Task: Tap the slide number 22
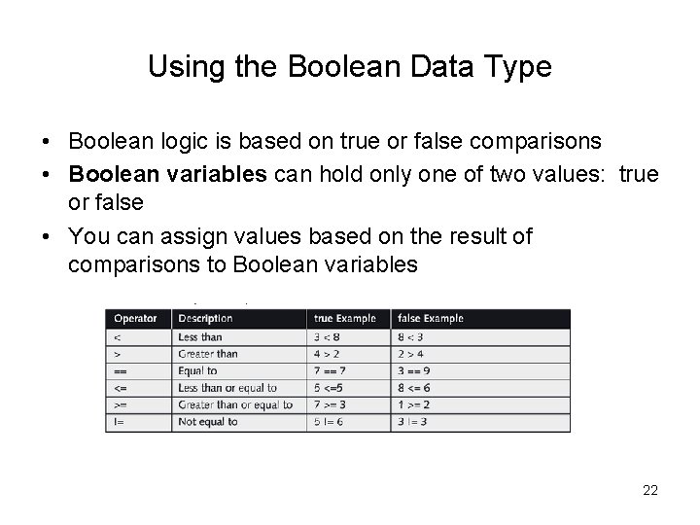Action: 650,490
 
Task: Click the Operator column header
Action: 135,318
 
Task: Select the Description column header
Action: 205,318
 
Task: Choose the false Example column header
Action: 430,318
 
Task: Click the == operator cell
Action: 120,370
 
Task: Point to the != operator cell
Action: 119,422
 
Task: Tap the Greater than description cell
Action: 208,354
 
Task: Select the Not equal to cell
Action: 208,422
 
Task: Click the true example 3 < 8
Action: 329,337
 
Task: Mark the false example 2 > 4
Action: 410,354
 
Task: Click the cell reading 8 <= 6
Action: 413,388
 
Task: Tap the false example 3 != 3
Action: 412,422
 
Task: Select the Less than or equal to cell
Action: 227,388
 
